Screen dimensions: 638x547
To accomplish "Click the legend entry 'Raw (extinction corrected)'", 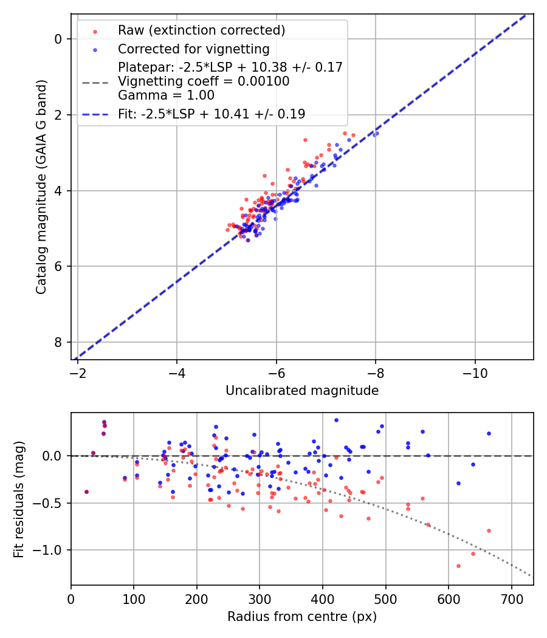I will pyautogui.click(x=201, y=30).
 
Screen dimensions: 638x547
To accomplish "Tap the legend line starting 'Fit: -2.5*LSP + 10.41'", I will pyautogui.click(x=212, y=114).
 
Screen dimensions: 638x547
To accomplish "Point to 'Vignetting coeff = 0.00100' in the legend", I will pyautogui.click(x=204, y=81).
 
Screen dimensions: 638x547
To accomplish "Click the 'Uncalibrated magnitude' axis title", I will pyautogui.click(x=302, y=391).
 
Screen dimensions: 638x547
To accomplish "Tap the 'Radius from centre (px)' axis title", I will pyautogui.click(x=302, y=617).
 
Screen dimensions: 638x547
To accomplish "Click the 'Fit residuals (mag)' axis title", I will pyautogui.click(x=19, y=499).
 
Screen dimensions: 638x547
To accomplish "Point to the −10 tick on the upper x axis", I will pyautogui.click(x=475, y=371).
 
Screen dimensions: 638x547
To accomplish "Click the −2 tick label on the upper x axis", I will pyautogui.click(x=78, y=371).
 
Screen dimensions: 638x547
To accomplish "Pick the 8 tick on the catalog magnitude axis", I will pyautogui.click(x=58, y=342).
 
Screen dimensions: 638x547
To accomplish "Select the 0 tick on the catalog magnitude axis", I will pyautogui.click(x=58, y=39).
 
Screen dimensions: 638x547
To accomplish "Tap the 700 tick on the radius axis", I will pyautogui.click(x=511, y=597).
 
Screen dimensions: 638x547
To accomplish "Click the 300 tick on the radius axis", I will pyautogui.click(x=260, y=597).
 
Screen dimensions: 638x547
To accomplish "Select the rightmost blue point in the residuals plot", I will pyautogui.click(x=489, y=433).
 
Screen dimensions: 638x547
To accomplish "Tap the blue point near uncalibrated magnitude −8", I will pyautogui.click(x=376, y=133).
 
